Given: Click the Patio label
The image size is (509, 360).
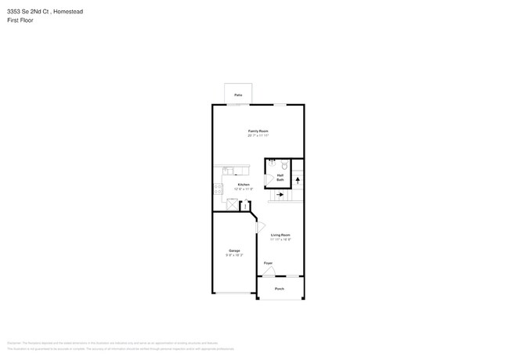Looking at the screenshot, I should click(x=238, y=95).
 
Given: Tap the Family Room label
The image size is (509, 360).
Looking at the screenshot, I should click(x=258, y=131).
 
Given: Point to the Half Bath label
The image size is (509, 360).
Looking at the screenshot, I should click(x=280, y=178).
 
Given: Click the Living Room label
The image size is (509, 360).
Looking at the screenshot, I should click(x=281, y=235).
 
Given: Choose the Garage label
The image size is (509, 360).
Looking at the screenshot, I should click(x=234, y=250).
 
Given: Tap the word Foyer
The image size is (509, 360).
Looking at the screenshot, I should click(x=268, y=263).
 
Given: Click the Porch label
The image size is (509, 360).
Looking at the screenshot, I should click(x=280, y=289).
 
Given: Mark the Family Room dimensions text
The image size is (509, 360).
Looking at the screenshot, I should click(x=258, y=135).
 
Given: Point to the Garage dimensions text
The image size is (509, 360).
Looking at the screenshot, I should click(x=234, y=255).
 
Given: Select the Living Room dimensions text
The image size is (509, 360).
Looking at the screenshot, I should click(x=281, y=239).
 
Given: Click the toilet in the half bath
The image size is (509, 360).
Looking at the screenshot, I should click(x=285, y=167).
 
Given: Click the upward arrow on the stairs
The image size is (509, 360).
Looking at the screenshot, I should click(x=297, y=181).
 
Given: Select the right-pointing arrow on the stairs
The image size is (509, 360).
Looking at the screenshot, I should click(x=279, y=195).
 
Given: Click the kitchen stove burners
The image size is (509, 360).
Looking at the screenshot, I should click(x=217, y=188).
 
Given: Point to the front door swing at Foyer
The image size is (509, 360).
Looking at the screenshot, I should click(x=269, y=271).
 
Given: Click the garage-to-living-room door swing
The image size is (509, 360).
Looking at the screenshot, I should click(x=261, y=226).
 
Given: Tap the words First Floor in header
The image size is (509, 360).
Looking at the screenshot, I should click(x=20, y=20).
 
